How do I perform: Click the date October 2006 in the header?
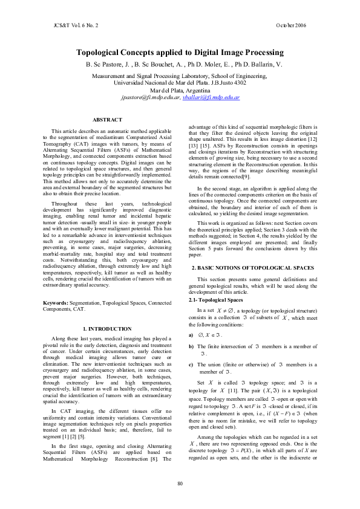coord(291,25)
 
